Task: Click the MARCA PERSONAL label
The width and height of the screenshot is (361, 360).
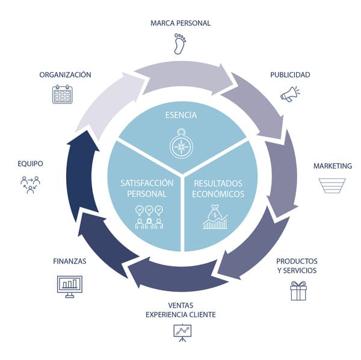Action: coord(180,23)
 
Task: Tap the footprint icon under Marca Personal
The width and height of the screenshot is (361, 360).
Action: coord(180,44)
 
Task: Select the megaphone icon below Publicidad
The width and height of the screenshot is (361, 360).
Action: coord(289,93)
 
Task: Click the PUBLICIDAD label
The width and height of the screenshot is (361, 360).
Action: coord(290,75)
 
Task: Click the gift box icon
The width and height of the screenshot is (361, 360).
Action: coord(298,291)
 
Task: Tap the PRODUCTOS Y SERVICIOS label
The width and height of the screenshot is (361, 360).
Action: coord(297,265)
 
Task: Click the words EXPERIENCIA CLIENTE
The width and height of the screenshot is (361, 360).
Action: coord(180,314)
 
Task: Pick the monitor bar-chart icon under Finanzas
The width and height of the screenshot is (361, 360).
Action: coord(69,284)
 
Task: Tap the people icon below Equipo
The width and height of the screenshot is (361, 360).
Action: coord(30,184)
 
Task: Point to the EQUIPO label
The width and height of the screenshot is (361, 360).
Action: coord(30,163)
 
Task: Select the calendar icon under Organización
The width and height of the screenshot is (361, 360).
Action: coord(63,95)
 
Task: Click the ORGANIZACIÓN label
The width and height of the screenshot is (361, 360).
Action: coord(65,75)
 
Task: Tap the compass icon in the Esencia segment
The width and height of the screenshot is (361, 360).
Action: coord(180,146)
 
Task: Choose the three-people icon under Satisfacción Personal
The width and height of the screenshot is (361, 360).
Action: coord(149,217)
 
